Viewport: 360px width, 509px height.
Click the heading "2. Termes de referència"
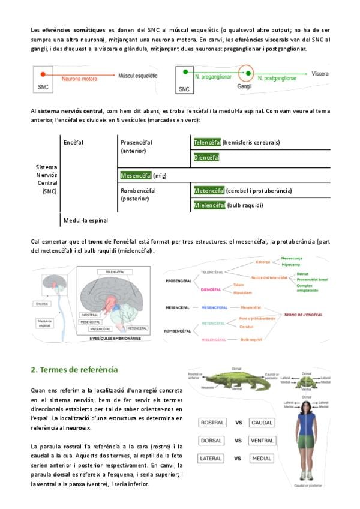click(x=74, y=369)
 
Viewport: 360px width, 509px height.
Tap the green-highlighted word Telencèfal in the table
click(x=206, y=142)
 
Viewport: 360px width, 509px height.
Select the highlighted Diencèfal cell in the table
click(x=206, y=158)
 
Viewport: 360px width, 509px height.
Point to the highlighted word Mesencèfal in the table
click(x=136, y=175)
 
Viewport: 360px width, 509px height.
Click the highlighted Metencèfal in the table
click(x=209, y=190)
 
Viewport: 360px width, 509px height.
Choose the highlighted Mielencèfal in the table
click(x=209, y=205)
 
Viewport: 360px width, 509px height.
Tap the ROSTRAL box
click(x=212, y=423)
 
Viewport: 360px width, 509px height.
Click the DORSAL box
click(x=212, y=441)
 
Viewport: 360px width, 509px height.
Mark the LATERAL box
click(x=212, y=459)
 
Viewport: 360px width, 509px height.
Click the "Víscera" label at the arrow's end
click(x=320, y=74)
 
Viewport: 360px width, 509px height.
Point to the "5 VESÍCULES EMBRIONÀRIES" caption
click(x=115, y=339)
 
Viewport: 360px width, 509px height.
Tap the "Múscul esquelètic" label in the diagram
click(x=138, y=77)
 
